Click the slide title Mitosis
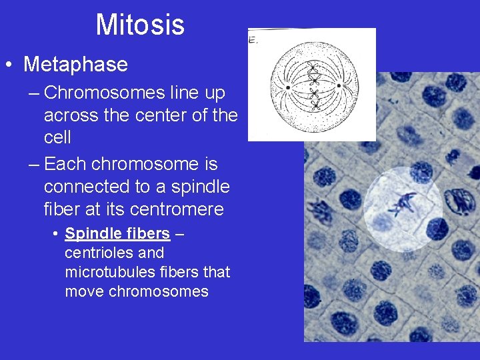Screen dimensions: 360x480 click(140, 25)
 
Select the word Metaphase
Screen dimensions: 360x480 click(75, 65)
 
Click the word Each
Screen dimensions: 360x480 click(65, 164)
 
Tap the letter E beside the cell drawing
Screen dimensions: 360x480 click(252, 40)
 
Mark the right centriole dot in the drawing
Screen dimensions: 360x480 click(338, 85)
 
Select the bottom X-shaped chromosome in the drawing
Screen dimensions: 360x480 click(315, 107)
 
